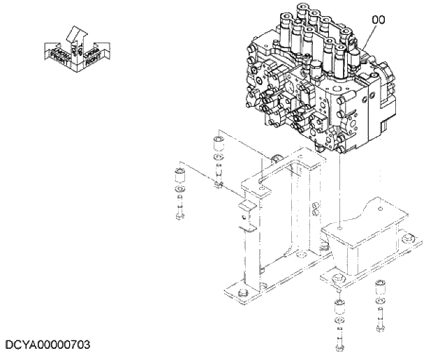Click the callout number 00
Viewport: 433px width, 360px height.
(378, 21)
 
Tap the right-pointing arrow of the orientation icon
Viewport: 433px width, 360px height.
(94, 54)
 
